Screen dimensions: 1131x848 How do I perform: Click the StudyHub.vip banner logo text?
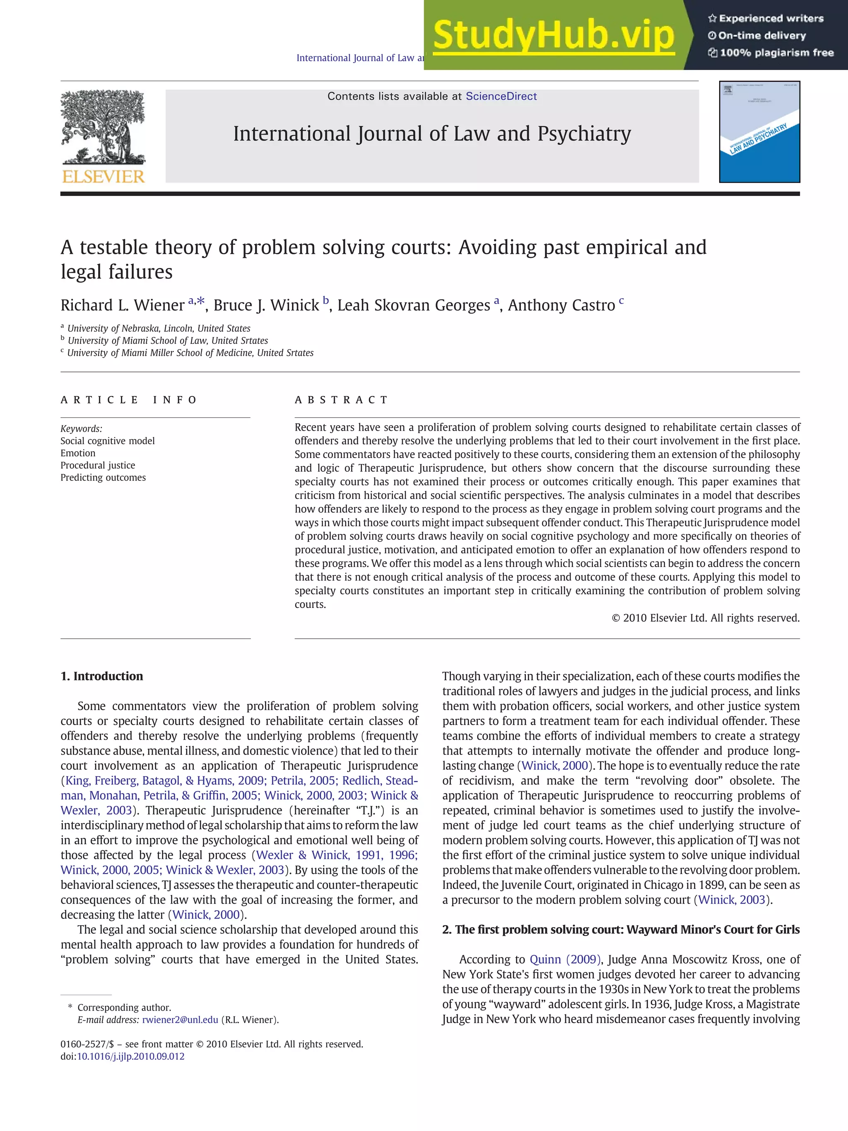point(554,35)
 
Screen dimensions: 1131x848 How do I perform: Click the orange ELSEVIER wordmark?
point(103,176)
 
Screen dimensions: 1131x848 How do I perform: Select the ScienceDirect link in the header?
point(501,96)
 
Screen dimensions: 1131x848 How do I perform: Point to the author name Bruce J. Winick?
point(266,305)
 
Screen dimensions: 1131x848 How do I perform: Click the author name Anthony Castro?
point(561,305)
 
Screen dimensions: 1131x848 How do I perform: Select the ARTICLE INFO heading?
point(128,400)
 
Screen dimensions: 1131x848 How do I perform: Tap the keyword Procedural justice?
point(98,465)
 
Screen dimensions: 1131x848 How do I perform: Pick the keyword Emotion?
point(78,453)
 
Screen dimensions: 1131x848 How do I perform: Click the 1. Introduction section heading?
point(102,676)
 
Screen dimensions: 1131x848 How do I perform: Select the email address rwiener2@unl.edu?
point(180,1020)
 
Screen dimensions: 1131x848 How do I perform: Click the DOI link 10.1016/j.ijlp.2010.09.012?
point(130,1056)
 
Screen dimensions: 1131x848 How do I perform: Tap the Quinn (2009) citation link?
point(565,959)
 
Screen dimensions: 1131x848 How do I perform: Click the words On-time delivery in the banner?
point(761,36)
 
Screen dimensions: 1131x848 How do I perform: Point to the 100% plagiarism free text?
point(776,53)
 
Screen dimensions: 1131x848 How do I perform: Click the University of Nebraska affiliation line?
point(159,328)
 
